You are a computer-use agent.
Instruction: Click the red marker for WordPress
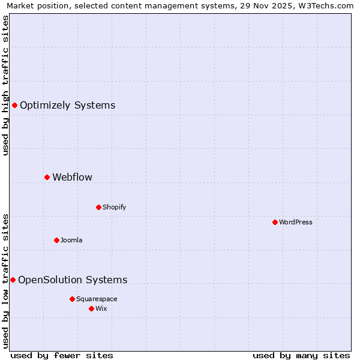coord(275,222)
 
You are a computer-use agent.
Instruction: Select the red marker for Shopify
coord(98,207)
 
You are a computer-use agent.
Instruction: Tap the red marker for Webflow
coord(47,177)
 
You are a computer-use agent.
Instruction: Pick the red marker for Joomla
coord(56,240)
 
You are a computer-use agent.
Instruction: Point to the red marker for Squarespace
coord(72,299)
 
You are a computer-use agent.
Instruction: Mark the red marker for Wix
coord(91,308)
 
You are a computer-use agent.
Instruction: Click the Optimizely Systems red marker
coord(14,106)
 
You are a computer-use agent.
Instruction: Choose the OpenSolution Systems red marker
coord(13,280)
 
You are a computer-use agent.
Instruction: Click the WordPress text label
coord(296,222)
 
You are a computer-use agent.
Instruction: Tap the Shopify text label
coord(115,207)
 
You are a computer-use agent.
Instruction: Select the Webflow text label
coord(73,177)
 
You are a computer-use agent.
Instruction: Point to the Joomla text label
coord(71,240)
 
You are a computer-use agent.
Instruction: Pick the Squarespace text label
coord(97,299)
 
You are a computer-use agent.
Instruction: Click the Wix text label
coord(101,308)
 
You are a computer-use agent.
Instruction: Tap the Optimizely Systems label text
coord(68,106)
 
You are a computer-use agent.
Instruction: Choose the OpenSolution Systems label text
coord(73,280)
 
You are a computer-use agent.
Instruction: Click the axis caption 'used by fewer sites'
coord(62,355)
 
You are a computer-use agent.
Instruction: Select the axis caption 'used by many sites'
coord(301,355)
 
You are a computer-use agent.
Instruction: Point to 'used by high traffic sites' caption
coord(5,85)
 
